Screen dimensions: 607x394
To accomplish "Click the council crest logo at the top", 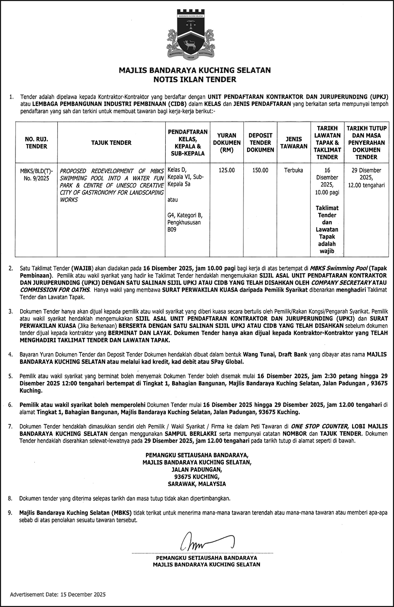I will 191,36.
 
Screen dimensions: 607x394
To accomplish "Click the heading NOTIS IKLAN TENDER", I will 195,79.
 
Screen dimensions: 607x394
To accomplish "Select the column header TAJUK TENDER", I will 111,143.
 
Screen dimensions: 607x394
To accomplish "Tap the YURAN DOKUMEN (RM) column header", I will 226,143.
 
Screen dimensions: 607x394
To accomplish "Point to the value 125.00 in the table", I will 226,170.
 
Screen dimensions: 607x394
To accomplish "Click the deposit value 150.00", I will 260,170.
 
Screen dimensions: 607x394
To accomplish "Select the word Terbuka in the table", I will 293,170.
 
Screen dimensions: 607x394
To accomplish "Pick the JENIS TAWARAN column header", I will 293,143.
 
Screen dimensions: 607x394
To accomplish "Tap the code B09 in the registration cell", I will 172,229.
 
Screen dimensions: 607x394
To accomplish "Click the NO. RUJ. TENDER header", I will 36,143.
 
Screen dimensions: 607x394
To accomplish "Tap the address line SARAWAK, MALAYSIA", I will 197,484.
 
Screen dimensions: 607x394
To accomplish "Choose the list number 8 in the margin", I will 10,499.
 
